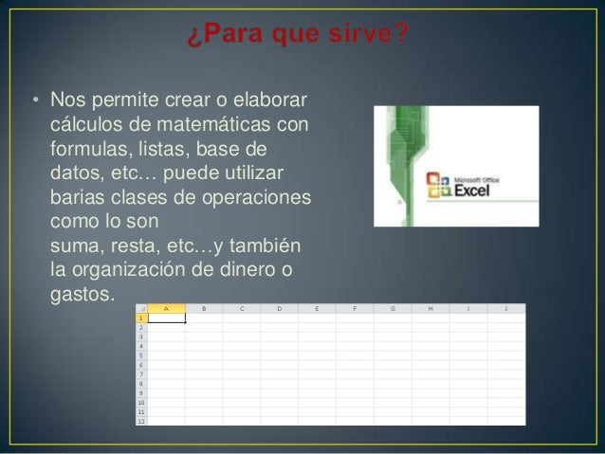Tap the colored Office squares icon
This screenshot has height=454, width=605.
point(437,185)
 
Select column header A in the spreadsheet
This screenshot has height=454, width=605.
point(167,308)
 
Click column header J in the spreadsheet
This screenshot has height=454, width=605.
point(505,308)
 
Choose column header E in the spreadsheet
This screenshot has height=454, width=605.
point(317,308)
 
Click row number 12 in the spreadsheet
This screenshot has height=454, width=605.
point(141,421)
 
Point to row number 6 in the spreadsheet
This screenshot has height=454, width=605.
point(141,365)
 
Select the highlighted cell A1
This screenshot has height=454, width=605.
point(167,318)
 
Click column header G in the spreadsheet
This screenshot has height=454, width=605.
point(393,308)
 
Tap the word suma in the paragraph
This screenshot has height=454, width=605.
point(73,246)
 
